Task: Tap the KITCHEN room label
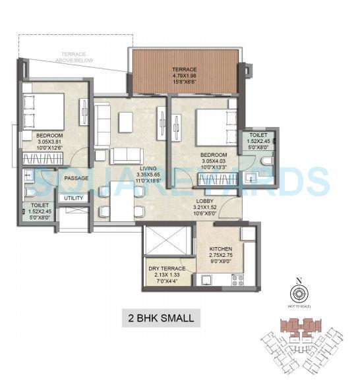tap(221, 246)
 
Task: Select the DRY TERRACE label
tap(169, 268)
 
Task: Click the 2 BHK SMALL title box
tap(161, 318)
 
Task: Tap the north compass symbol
tap(299, 294)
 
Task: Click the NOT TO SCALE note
tap(300, 308)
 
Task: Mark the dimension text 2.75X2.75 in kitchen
tap(221, 253)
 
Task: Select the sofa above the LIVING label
tap(127, 155)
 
